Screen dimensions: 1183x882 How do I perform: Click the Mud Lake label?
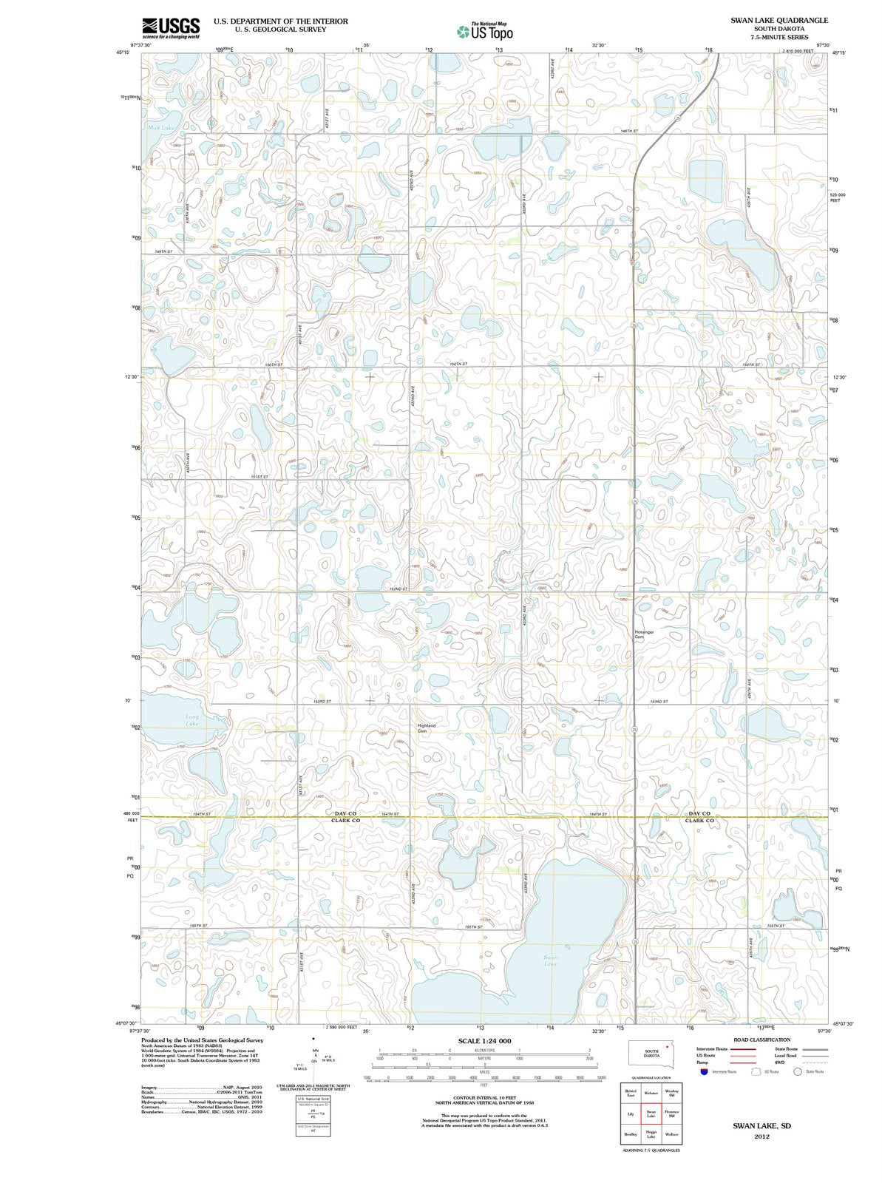pos(160,128)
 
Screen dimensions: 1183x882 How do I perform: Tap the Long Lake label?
pos(191,719)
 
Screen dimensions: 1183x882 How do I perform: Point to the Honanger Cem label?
pos(644,634)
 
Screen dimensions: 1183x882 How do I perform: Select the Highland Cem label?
pos(427,728)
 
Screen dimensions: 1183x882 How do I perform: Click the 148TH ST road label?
pos(628,131)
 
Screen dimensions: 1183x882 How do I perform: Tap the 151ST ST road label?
pos(259,477)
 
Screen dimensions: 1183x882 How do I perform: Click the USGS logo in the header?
pos(171,27)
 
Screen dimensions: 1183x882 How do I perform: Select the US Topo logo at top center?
pos(484,30)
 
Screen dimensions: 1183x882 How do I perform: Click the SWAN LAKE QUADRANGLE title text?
pos(769,21)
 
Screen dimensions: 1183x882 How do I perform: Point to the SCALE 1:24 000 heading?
pos(484,1040)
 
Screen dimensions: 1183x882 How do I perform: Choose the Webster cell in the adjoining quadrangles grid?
pos(651,1093)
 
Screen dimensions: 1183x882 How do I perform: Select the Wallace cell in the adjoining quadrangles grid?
pos(671,1134)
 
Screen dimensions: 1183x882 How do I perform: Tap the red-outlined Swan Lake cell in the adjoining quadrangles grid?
pos(651,1113)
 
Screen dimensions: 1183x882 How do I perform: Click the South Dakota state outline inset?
pos(651,1053)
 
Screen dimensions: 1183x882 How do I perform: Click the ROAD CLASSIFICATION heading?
pos(761,1040)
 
